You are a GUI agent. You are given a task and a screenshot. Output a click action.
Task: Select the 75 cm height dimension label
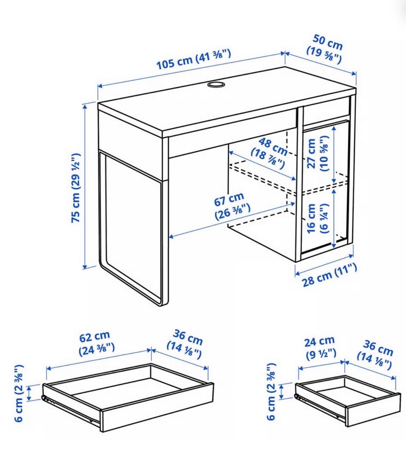coord(76,187)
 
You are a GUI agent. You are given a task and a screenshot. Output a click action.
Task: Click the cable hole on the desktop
coord(216,85)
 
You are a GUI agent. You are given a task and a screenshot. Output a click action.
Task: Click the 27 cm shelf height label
coord(318,153)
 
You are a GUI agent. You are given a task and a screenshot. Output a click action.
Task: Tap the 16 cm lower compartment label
coord(318,218)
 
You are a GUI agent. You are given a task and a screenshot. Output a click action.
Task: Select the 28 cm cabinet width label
coord(329,275)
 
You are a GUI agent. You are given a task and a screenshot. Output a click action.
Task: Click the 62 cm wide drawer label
coord(96,343)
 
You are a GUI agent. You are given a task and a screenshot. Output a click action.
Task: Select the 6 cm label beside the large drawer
coord(19,393)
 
